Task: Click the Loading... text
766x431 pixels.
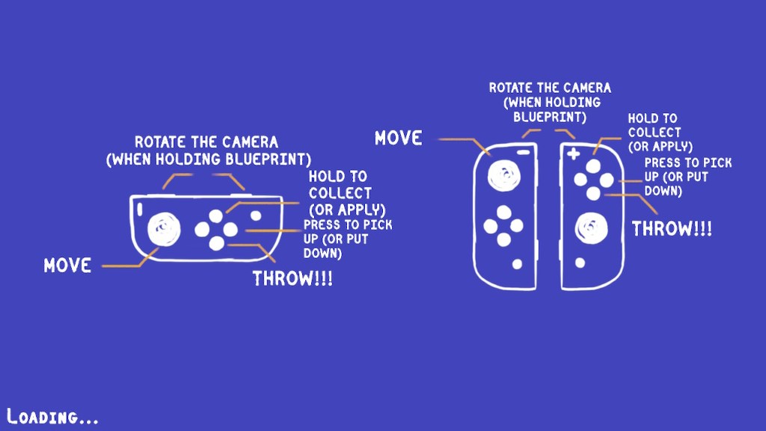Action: (52, 416)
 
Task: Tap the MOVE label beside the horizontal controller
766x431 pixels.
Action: (67, 266)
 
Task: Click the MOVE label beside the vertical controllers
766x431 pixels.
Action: (398, 138)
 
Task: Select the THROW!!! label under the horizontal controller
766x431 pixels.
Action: (292, 278)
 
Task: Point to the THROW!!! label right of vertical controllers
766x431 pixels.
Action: (672, 229)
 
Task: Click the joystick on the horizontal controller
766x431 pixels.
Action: (164, 229)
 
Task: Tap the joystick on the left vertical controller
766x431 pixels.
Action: (503, 175)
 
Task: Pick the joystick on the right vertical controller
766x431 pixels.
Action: (591, 228)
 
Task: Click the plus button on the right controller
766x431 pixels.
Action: (574, 154)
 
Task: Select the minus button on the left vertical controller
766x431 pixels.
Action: (523, 153)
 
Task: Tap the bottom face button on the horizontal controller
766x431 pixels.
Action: (216, 243)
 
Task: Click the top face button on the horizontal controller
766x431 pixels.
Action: (216, 215)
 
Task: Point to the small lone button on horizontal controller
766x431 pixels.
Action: (256, 215)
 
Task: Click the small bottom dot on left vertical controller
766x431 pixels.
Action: (517, 264)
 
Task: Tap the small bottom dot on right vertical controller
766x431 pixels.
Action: (580, 263)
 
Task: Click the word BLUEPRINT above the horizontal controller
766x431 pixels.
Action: (268, 159)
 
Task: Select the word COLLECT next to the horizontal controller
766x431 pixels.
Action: (340, 193)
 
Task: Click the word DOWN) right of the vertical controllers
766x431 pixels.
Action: (663, 191)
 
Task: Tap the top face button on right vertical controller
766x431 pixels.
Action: (593, 167)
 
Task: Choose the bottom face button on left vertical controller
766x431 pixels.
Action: (503, 239)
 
